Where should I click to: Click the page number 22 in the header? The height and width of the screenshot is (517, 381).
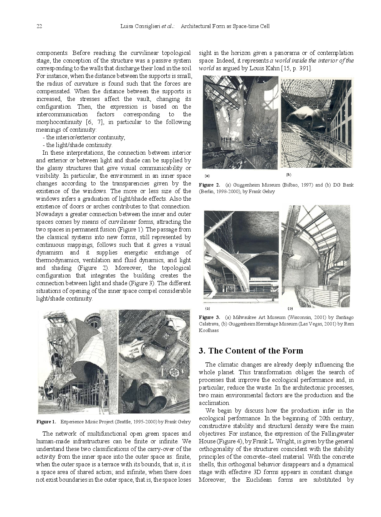[39, 26]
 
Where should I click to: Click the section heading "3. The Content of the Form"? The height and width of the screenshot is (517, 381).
[251, 351]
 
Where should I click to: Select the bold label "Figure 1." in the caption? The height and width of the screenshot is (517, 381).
[46, 422]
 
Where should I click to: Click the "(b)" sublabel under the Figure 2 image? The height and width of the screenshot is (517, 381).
[288, 175]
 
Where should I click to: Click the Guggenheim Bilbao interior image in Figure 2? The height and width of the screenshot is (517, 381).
[240, 122]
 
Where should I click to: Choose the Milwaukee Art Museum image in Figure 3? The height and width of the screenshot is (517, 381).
[241, 257]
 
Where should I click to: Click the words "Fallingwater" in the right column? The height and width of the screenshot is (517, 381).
[335, 434]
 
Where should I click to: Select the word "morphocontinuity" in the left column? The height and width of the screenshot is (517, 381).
[59, 122]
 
